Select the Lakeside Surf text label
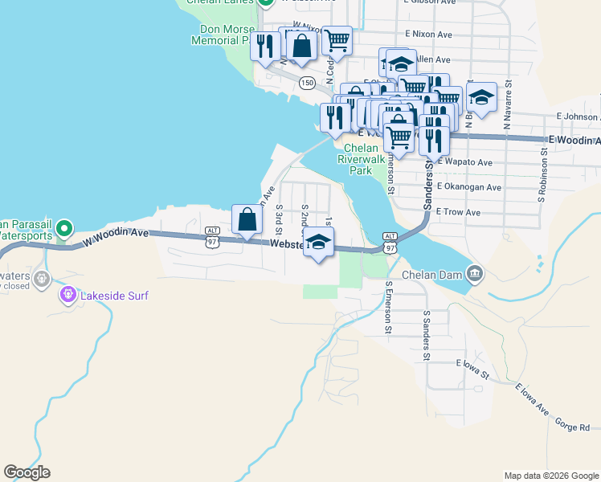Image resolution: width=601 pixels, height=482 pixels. point(114,296)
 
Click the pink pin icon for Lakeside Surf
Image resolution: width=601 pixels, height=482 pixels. point(68,296)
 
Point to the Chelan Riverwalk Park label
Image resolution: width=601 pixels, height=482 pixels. point(365,159)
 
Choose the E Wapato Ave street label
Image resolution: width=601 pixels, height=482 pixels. point(464,162)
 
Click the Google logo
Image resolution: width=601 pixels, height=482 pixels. point(27,472)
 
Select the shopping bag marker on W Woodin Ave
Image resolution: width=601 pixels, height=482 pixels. point(247,219)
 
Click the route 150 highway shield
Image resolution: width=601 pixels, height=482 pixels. point(307,82)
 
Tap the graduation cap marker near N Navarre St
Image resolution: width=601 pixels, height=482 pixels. point(480,98)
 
